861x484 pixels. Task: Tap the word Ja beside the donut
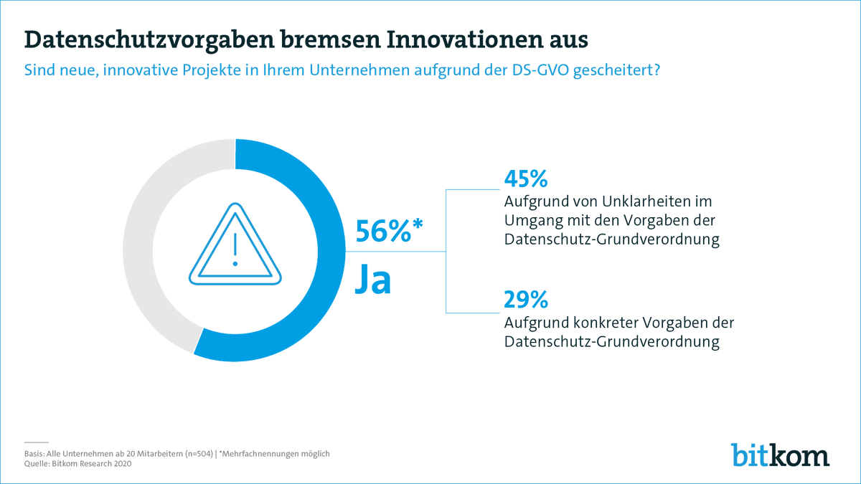point(375,280)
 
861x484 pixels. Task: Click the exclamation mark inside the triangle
point(235,247)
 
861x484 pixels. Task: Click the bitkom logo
point(780,455)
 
